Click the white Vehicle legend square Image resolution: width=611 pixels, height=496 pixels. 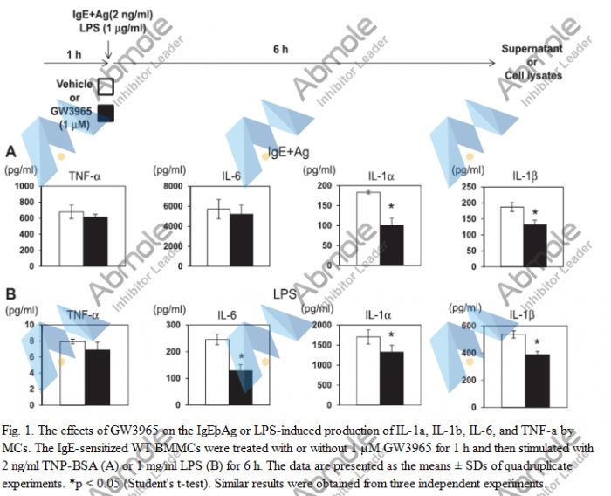pos(106,87)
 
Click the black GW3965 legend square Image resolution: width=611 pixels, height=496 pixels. pos(106,112)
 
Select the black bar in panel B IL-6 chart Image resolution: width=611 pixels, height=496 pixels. pos(241,388)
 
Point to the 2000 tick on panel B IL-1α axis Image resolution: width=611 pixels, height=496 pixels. pos(329,325)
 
